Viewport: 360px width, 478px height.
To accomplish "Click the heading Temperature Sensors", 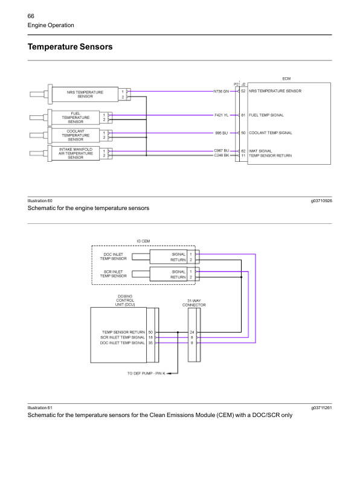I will tap(70, 46).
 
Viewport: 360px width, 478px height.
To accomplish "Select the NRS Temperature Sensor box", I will tap(85, 94).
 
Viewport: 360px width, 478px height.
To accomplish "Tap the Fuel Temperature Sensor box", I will tap(76, 117).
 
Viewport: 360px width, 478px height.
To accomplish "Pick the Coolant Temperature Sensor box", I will tap(76, 135).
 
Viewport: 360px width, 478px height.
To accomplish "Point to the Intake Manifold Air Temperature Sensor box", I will tap(76, 153).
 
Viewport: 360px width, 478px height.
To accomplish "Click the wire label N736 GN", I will tap(221, 92).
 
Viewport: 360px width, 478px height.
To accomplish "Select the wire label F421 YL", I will tap(221, 115).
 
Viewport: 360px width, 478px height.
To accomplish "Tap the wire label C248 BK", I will tap(221, 155).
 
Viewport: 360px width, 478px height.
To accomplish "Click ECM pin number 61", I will tap(243, 115).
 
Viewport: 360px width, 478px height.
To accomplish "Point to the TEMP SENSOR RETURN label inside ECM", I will tap(270, 155).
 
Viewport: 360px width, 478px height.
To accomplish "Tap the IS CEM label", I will tap(143, 241).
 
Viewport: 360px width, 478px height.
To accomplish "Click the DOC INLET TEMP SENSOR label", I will tap(114, 257).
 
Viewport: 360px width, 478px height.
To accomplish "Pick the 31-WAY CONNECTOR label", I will tap(194, 303).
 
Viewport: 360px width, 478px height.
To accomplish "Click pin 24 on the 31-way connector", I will tap(192, 332).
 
